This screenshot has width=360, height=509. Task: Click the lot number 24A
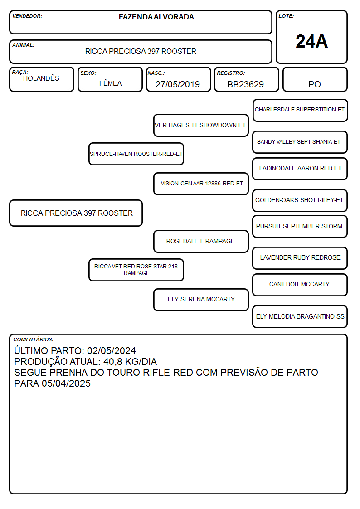tap(311, 42)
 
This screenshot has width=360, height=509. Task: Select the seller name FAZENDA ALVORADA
tap(156, 17)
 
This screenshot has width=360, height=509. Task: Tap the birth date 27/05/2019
tap(178, 84)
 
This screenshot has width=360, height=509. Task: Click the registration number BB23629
tap(245, 84)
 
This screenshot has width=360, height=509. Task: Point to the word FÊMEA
tap(110, 83)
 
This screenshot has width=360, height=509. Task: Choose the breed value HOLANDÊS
tap(41, 78)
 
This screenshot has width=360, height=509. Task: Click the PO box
tap(315, 79)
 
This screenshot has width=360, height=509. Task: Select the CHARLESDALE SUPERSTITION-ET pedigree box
tap(300, 111)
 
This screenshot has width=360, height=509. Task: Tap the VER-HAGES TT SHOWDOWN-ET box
tap(201, 125)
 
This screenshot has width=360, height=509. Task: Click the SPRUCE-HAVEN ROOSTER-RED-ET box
tap(136, 154)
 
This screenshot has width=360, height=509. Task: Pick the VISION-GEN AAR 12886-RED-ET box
tap(201, 184)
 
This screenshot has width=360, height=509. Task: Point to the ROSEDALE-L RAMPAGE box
tap(201, 241)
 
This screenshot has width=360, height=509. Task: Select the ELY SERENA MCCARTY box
tap(201, 300)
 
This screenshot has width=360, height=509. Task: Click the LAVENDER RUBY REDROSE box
tap(300, 258)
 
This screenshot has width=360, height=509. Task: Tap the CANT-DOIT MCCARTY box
tap(300, 285)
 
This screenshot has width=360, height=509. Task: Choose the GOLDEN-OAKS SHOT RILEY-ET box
tap(300, 200)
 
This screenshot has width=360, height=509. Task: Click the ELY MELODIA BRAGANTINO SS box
tap(300, 316)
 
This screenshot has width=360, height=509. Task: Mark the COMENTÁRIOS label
tap(34, 339)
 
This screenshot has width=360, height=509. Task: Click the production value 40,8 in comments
tap(112, 362)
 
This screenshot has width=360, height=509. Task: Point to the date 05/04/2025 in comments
tap(66, 383)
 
